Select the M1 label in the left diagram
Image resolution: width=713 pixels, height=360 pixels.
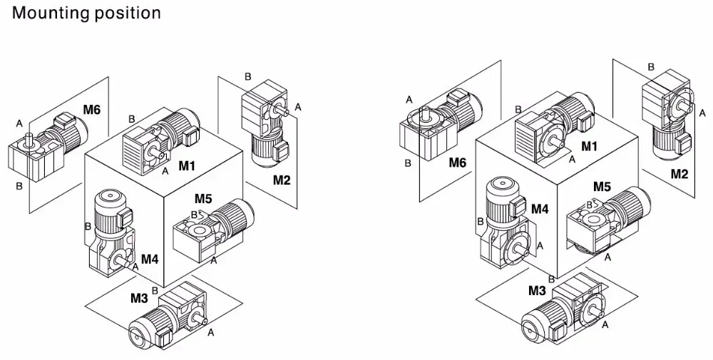coord(187,166)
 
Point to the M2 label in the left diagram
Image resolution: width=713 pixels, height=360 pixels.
coord(282,180)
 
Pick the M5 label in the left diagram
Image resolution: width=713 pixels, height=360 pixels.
coord(204,198)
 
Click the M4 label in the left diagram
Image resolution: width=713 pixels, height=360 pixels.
coord(149,259)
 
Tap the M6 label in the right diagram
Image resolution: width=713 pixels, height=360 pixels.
coord(457,163)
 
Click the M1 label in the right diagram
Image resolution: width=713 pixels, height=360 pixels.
coord(588,147)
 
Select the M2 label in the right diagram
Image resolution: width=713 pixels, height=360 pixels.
coord(679,174)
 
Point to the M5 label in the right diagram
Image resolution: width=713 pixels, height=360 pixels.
coord(602,187)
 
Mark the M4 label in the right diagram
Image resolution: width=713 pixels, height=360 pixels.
coord(540,209)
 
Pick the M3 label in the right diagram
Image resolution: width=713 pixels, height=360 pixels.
coord(537,291)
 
